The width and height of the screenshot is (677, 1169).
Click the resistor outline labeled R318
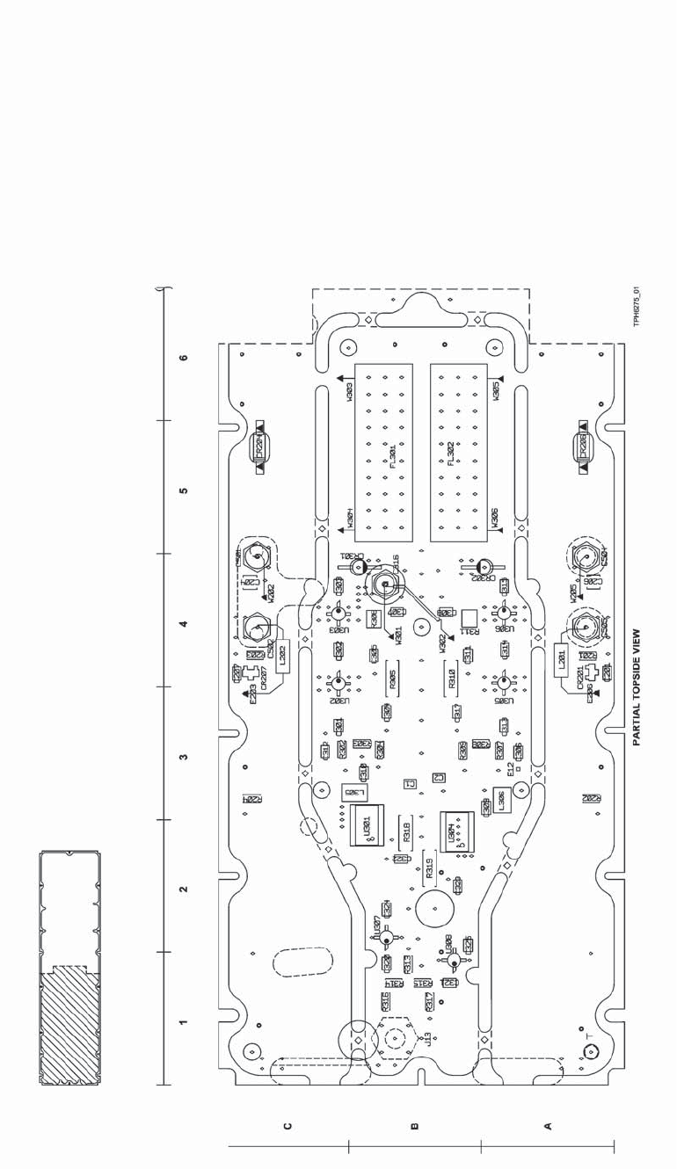[406, 831]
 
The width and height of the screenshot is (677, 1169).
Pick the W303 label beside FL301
[350, 390]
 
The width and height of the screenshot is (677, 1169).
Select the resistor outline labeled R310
[451, 680]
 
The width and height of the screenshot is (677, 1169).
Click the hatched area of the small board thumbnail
[69, 1029]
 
